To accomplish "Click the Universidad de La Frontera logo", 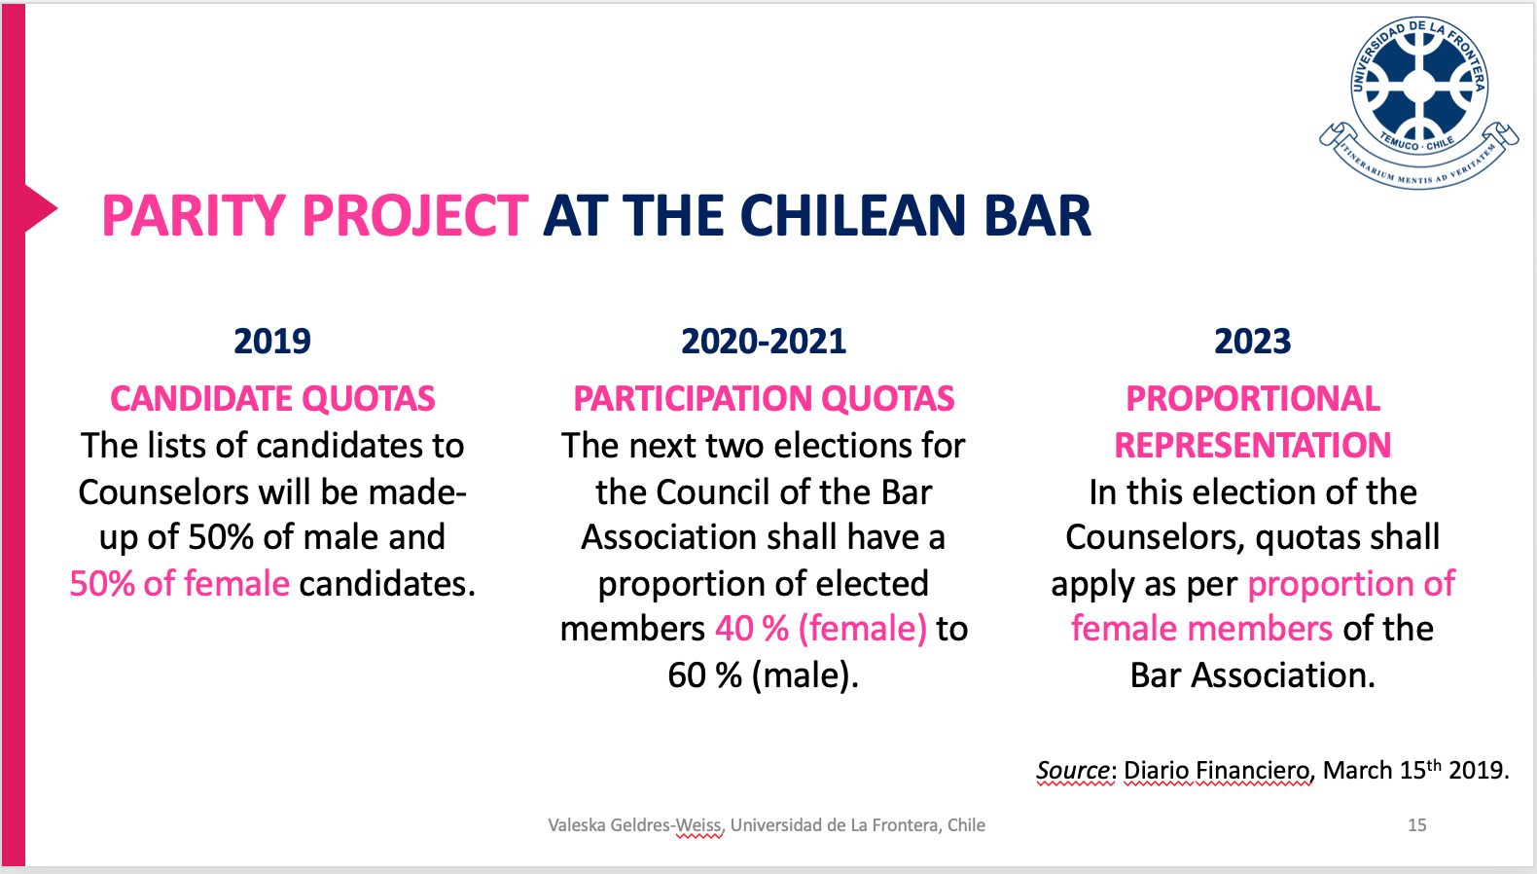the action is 1419,101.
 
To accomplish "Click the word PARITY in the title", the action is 194,216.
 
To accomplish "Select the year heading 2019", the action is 272,342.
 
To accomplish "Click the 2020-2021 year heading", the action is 764,342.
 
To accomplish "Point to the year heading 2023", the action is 1253,342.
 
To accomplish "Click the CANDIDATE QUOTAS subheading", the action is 272,399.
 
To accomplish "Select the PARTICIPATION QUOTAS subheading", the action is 764,399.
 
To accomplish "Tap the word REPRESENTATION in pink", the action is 1253,446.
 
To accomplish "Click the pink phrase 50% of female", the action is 180,584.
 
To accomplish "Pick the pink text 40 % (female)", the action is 821,629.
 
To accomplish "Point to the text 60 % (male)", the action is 764,675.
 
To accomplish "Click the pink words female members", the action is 1201,629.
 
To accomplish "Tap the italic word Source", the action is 1072,770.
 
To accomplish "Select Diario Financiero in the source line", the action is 1216,770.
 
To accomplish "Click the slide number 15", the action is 1417,825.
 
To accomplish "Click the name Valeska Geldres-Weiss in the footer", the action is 634,825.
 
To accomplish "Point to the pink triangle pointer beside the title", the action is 41,208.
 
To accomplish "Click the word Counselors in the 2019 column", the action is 163,492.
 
